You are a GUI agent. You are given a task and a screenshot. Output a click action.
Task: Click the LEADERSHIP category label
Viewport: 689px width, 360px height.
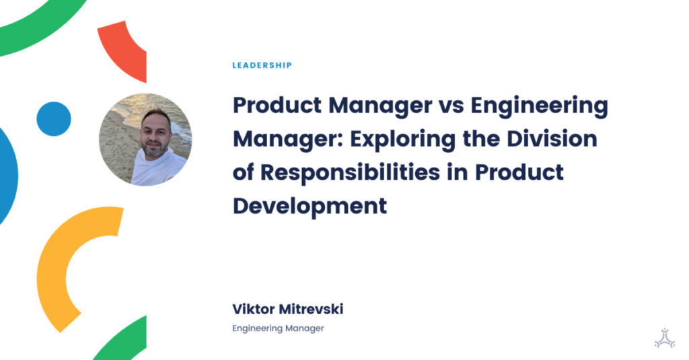(262, 65)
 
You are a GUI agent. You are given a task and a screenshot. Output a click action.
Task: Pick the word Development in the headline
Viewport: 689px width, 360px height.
(310, 205)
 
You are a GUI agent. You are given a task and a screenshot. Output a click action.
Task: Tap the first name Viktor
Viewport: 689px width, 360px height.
(253, 310)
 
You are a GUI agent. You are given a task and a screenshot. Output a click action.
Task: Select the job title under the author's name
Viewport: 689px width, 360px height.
(278, 328)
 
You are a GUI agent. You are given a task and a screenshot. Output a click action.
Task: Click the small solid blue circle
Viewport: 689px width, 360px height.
(54, 119)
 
